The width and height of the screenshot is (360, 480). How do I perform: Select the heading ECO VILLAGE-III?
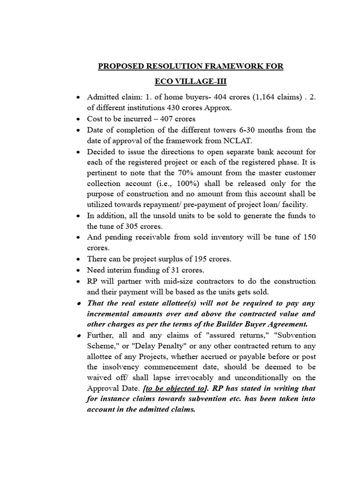pos(191,82)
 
